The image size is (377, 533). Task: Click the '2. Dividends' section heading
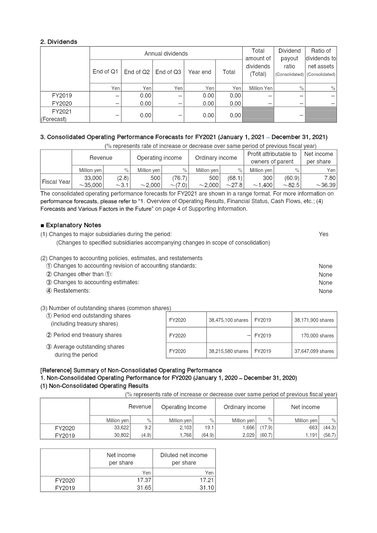click(59, 42)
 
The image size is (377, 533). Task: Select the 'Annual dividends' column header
click(166, 54)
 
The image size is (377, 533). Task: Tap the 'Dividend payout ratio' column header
click(289, 62)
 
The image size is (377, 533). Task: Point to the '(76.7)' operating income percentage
click(178, 178)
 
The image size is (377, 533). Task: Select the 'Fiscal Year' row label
click(56, 181)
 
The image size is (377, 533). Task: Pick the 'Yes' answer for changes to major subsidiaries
click(323, 234)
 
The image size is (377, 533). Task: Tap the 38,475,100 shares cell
click(229, 320)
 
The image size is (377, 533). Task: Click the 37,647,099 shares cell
click(313, 351)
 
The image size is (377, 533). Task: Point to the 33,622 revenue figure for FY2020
click(120, 428)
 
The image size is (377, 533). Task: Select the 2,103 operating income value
click(182, 428)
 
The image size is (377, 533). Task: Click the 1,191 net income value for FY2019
click(309, 435)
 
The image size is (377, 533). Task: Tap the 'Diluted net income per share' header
click(184, 459)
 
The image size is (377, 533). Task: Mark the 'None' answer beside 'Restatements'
click(325, 291)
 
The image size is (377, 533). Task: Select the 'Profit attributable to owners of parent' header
click(272, 157)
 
